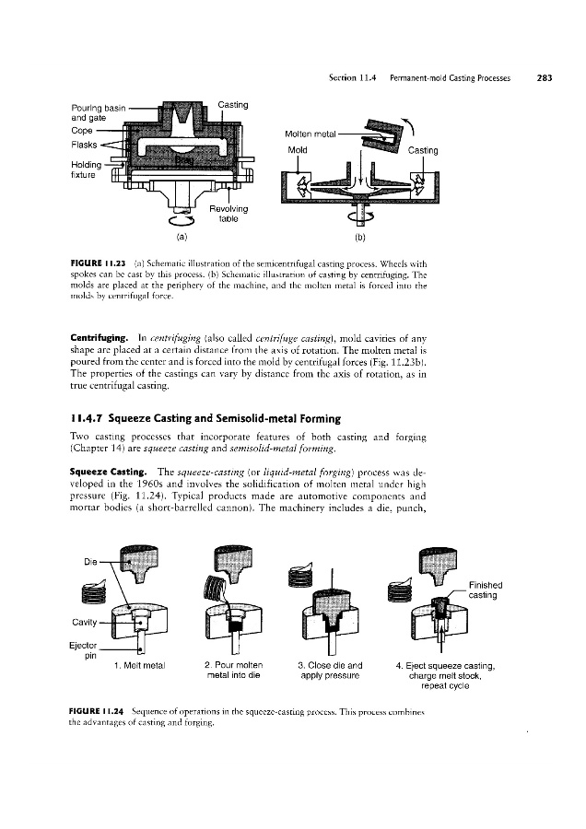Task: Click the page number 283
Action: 543,78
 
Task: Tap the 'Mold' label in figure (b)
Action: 298,149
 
